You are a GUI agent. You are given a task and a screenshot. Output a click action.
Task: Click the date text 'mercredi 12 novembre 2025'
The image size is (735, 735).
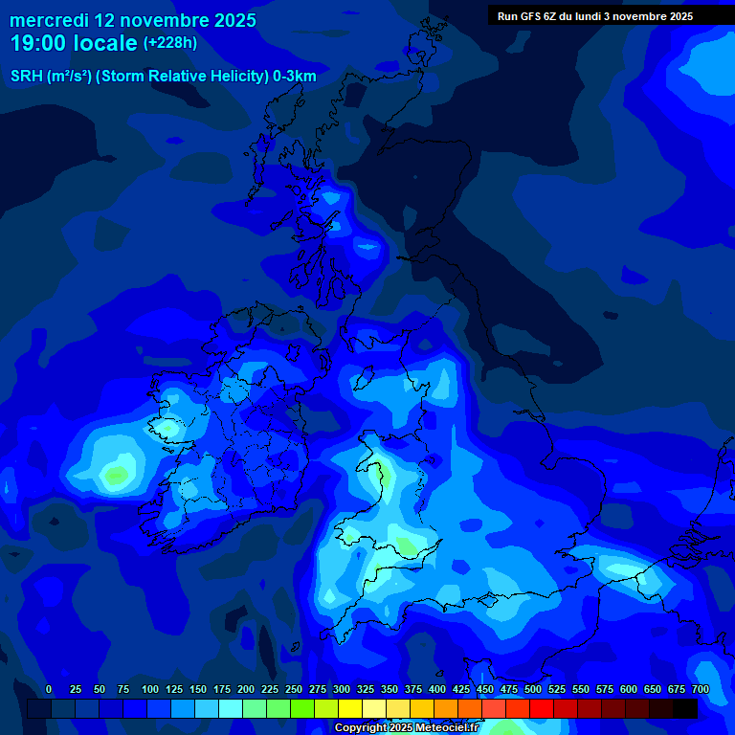(x=133, y=19)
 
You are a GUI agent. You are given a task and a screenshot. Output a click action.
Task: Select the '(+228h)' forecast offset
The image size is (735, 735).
(x=171, y=42)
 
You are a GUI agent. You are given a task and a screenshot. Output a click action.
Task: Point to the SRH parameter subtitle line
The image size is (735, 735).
(x=163, y=77)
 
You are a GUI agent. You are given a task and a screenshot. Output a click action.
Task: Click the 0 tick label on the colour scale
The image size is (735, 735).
(x=49, y=689)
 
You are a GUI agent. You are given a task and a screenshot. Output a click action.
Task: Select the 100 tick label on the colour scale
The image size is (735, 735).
(x=150, y=689)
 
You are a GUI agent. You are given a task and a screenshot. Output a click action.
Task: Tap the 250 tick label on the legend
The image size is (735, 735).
(x=294, y=689)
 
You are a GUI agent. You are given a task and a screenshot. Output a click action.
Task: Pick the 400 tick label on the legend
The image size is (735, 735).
(x=437, y=689)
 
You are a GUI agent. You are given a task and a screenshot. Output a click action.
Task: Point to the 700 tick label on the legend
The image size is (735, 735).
(x=701, y=689)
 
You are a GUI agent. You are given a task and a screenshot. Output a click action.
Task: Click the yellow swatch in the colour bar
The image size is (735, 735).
(x=351, y=708)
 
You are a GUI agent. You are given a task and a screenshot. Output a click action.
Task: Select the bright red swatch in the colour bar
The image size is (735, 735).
(x=542, y=708)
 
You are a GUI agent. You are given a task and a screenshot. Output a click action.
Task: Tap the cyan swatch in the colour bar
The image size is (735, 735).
(x=232, y=708)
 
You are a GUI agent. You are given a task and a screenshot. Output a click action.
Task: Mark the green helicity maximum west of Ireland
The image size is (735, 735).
(x=117, y=473)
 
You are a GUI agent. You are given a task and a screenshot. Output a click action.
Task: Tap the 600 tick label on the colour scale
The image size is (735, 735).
(x=629, y=689)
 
